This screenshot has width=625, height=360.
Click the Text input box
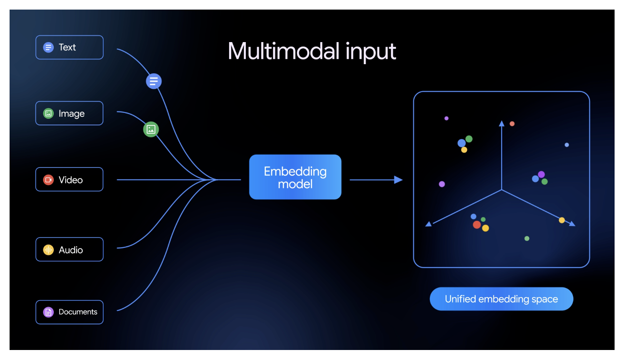point(69,47)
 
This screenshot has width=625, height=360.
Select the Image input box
point(69,113)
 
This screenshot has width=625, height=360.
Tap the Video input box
point(69,180)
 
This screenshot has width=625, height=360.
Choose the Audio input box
point(69,250)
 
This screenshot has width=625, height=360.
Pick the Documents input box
point(69,312)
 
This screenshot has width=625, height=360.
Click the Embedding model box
point(295,177)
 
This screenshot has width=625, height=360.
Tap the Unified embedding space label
point(501,299)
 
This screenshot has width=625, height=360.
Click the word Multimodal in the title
point(283,51)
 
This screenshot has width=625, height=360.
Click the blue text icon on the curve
point(154,81)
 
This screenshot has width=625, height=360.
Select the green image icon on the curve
point(151,130)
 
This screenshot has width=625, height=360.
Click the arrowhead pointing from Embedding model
point(398,180)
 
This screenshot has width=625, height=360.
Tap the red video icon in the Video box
point(48,180)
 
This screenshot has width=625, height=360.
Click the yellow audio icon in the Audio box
point(48,250)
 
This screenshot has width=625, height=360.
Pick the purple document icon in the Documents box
point(48,312)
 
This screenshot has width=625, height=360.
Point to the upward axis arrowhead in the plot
point(502,123)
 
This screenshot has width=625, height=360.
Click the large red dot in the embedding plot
point(477,225)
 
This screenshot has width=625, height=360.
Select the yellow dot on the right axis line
point(562,220)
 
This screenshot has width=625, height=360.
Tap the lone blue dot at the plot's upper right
point(567,145)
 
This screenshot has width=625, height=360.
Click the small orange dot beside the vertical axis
point(512,124)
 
